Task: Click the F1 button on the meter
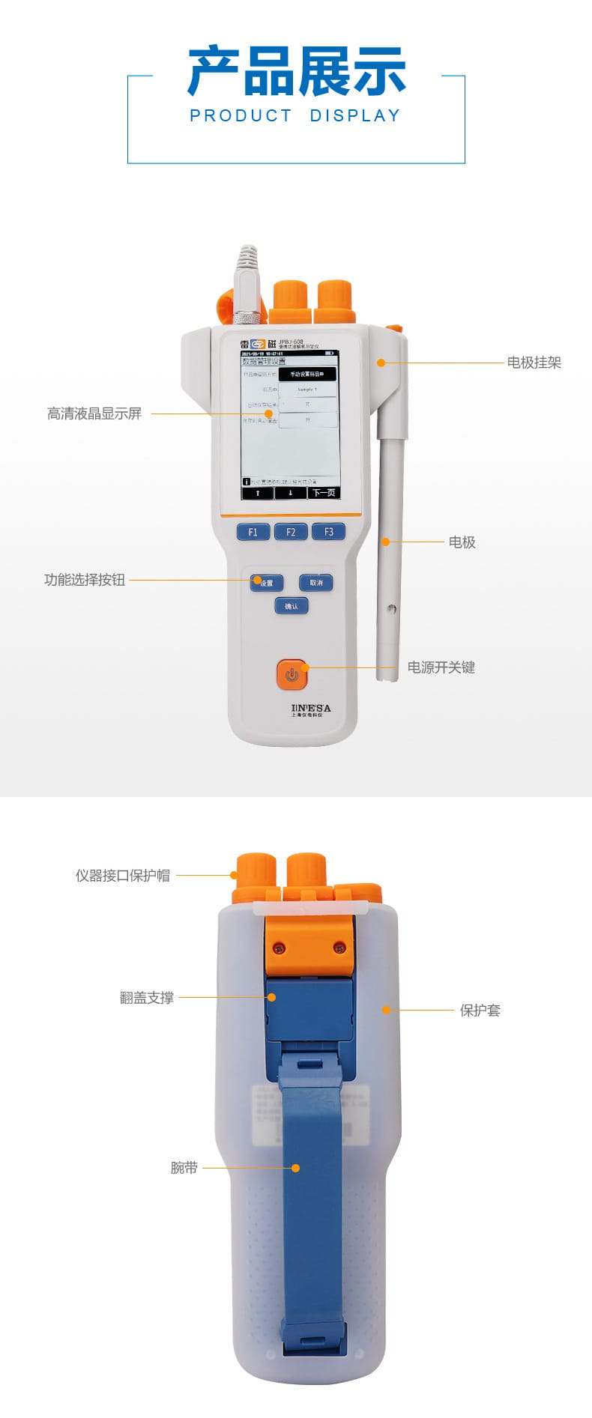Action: (x=253, y=532)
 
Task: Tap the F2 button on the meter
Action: (x=291, y=532)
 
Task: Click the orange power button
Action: (x=292, y=674)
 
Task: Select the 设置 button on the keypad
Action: (x=267, y=583)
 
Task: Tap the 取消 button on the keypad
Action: (x=315, y=582)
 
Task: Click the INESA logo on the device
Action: (x=310, y=709)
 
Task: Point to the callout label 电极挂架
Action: (x=534, y=363)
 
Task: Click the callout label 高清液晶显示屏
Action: (x=94, y=413)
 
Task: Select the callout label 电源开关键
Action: (x=441, y=667)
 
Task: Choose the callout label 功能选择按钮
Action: (x=85, y=580)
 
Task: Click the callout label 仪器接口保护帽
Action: (x=122, y=876)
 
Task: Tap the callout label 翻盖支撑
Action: (x=147, y=998)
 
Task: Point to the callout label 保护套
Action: (x=480, y=1011)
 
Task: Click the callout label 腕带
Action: (x=184, y=1168)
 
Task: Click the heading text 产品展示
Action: (x=296, y=71)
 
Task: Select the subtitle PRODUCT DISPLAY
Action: (x=295, y=116)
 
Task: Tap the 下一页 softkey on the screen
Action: (x=324, y=493)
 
